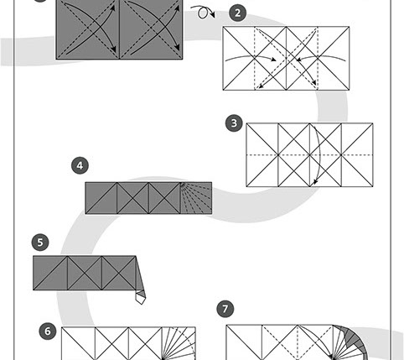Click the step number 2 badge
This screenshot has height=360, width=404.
(x=237, y=13)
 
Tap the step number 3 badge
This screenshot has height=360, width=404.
(x=234, y=123)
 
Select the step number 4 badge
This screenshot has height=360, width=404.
(x=80, y=165)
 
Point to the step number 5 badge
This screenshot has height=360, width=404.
(x=40, y=243)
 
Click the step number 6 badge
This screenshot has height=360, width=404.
(x=48, y=331)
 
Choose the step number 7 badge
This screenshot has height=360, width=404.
(x=225, y=309)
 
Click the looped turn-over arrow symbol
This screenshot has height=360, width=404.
(x=204, y=13)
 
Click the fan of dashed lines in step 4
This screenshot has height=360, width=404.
(x=196, y=198)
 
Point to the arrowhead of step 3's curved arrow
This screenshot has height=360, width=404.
(x=315, y=181)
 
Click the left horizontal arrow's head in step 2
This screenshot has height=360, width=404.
(x=273, y=60)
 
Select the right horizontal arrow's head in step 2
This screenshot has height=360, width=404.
(x=299, y=60)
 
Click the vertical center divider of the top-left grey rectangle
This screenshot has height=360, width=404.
(x=120, y=29)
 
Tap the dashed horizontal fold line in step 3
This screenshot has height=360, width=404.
(x=309, y=154)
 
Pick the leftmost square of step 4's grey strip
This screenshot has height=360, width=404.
(x=101, y=198)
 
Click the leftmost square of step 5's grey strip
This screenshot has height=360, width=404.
(x=50, y=273)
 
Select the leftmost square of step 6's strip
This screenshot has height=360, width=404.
(x=78, y=343)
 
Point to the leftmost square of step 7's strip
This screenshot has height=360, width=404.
(x=244, y=342)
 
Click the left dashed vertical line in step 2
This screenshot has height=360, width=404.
(x=255, y=58)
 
